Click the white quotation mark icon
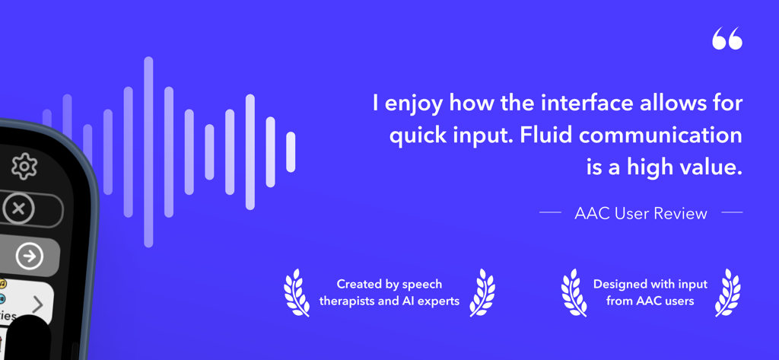pos(727,40)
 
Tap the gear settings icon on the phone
pos(24,166)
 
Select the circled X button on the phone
pos(19,209)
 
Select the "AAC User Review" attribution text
pos(641,214)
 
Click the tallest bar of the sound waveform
pos(148,151)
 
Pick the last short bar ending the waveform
pos(291,151)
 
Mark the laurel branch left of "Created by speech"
pos(296,292)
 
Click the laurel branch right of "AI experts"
pos(482,292)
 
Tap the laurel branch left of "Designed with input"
pos(574,292)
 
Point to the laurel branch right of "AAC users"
pos(728,292)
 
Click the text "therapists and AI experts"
pos(389,301)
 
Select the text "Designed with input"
pos(650,284)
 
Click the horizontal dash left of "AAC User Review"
pos(550,213)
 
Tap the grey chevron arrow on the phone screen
pos(38,306)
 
